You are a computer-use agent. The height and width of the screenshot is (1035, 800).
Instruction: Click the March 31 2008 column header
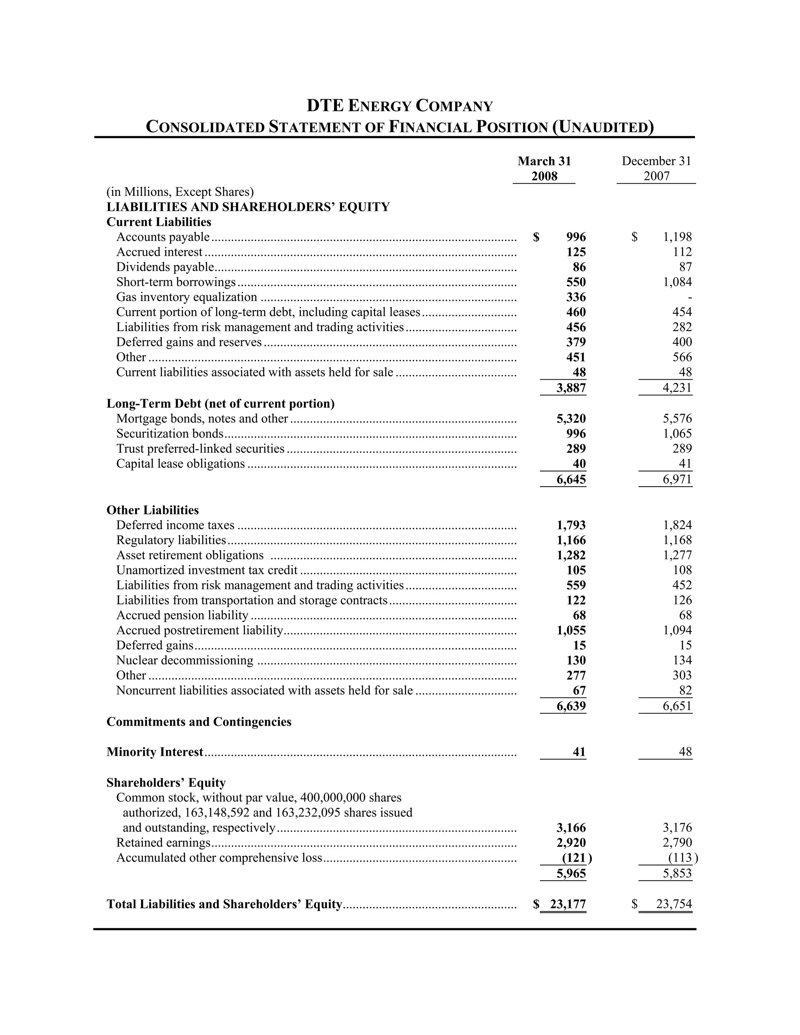544,168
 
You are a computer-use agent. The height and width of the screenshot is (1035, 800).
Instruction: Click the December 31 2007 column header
656,168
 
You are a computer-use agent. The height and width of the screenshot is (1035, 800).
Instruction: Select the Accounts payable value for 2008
576,237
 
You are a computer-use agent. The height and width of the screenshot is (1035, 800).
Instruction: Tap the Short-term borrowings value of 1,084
677,282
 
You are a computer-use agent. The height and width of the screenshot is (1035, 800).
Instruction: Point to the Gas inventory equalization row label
187,297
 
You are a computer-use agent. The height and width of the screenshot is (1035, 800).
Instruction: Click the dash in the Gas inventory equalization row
689,298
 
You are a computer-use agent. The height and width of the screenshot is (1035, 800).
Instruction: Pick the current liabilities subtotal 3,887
571,388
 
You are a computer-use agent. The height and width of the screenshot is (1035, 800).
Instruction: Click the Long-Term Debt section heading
220,403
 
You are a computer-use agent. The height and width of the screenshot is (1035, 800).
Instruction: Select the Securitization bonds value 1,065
677,434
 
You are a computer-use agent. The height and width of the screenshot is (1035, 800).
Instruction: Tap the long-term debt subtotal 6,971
677,479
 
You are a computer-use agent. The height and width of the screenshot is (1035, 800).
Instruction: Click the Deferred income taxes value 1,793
571,525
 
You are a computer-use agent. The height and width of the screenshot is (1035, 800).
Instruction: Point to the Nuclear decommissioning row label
185,660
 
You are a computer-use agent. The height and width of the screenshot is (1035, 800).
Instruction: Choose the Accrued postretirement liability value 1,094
677,630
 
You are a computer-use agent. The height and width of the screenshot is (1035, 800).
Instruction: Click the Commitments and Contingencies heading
199,722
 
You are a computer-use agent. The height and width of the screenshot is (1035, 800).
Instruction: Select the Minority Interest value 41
579,752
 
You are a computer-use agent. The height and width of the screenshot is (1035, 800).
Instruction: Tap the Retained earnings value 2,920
571,842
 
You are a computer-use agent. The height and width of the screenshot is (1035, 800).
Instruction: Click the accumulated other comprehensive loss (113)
682,858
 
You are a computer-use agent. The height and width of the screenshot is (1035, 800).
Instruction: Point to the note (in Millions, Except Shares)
180,191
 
